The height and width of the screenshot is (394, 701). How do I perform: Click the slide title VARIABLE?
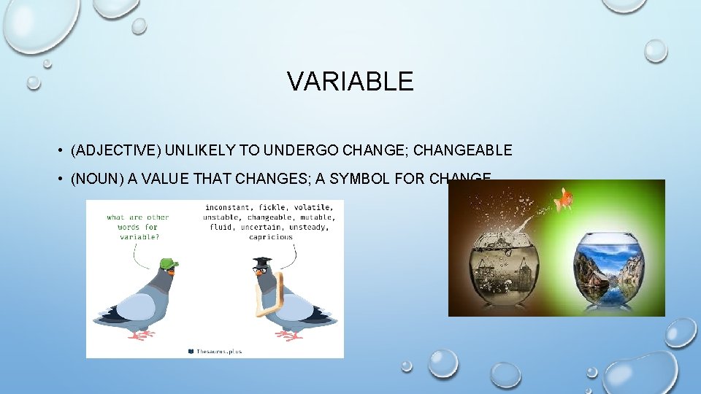pos(350,81)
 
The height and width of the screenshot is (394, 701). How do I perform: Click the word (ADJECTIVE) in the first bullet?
pos(116,151)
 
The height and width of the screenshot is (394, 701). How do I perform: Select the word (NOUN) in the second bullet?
pos(97,179)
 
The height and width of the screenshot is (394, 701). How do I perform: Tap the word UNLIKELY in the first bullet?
pos(199,151)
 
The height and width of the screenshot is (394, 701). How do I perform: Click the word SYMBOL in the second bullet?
pos(367,179)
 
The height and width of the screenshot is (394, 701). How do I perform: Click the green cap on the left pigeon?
pos(169,263)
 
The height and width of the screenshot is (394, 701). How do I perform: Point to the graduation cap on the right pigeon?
pos(262,261)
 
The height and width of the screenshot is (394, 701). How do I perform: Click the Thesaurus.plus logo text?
pos(218,351)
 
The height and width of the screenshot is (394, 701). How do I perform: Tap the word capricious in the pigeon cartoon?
pos(270,237)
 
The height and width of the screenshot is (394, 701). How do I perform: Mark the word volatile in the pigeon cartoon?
pos(313,207)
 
